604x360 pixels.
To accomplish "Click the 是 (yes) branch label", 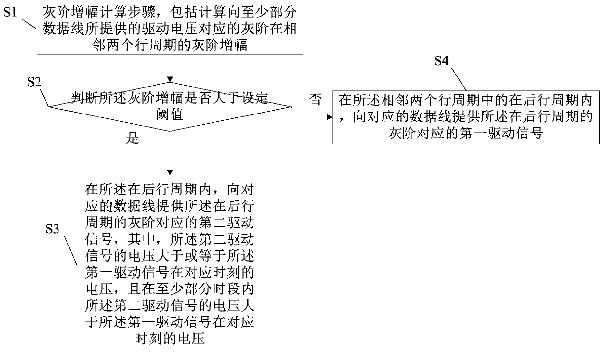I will pos(133,138).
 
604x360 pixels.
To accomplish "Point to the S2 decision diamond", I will pos(170,106).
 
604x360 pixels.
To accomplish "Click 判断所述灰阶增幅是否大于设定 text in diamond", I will pos(170,97).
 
